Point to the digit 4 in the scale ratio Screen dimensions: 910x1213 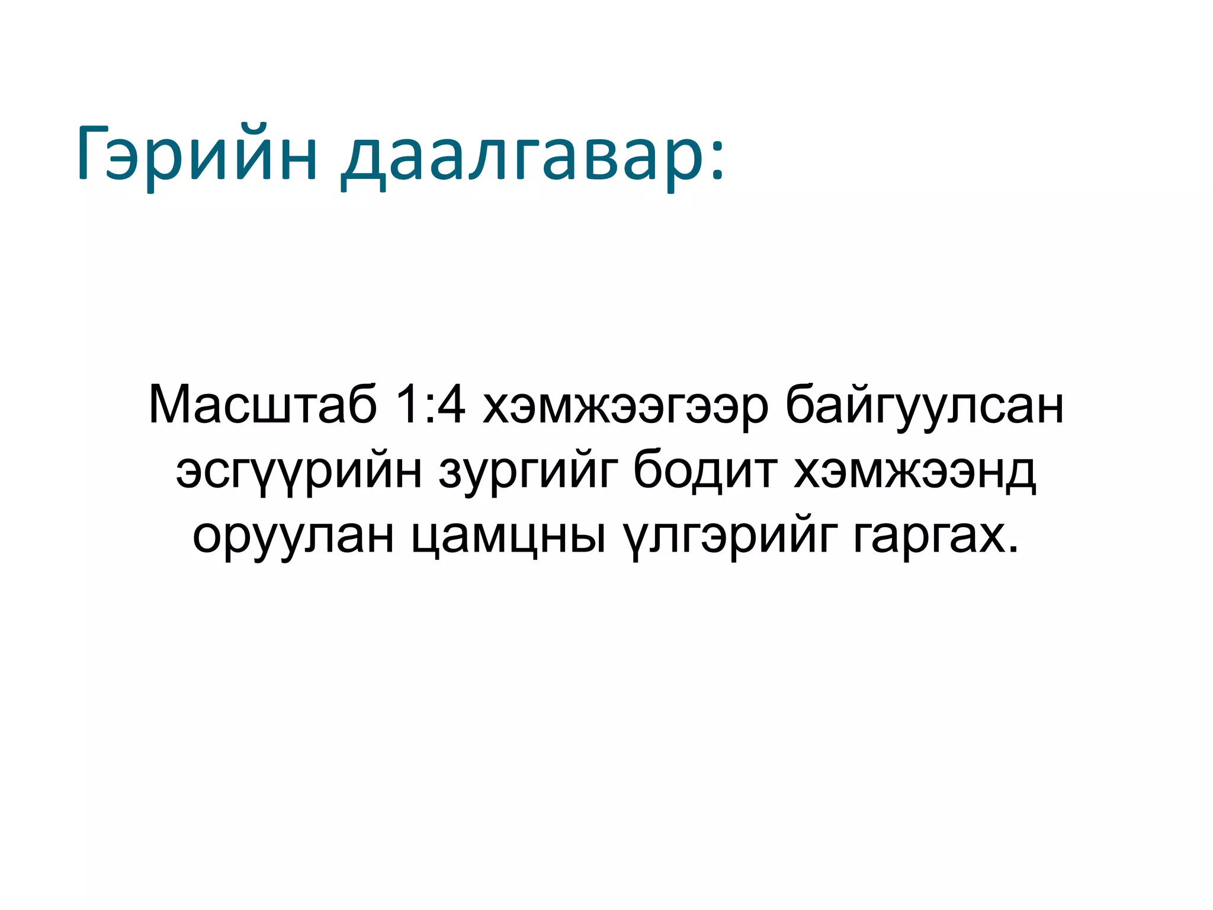point(451,404)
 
